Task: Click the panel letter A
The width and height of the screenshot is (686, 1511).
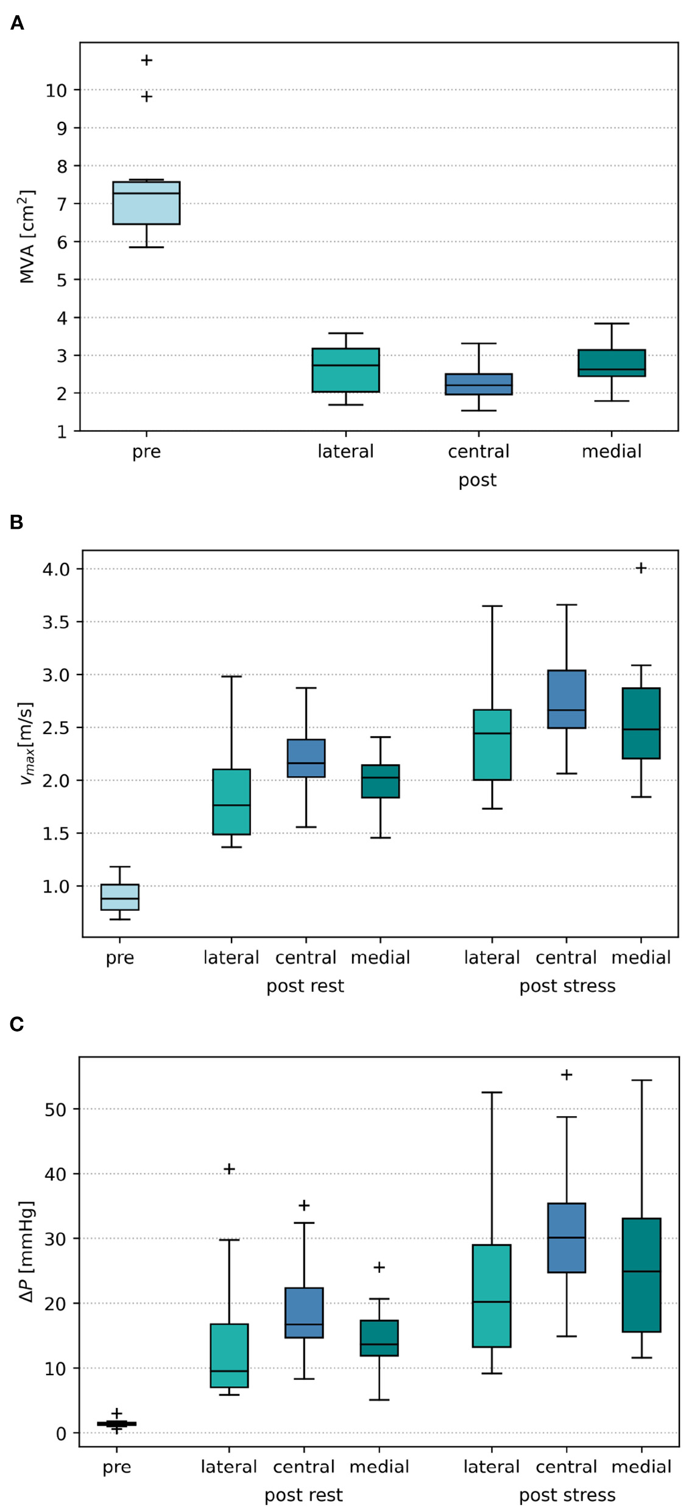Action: point(17,23)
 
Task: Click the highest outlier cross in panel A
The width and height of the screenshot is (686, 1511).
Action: point(146,60)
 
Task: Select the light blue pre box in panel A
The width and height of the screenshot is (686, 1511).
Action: point(146,202)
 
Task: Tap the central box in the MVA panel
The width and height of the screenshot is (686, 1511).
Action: point(478,384)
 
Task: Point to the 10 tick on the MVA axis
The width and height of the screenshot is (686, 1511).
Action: point(56,90)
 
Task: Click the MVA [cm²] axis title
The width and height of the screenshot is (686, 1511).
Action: point(27,236)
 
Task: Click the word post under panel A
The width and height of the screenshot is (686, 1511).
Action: point(477,480)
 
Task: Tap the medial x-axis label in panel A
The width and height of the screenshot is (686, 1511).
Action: point(611,451)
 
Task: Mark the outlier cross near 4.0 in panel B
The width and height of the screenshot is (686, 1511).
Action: point(641,568)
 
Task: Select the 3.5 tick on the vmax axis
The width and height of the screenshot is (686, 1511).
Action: point(56,622)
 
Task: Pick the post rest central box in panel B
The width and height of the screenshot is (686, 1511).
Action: point(306,758)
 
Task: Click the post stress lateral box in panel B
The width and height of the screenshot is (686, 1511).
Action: point(492,745)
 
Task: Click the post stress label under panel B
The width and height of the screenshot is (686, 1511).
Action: point(567,986)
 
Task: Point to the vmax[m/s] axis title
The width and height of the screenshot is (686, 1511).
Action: point(27,743)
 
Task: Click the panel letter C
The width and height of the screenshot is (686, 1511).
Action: point(17,1024)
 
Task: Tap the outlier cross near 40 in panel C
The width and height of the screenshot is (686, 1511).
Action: point(229,1169)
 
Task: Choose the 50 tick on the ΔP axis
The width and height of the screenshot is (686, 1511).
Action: point(56,1109)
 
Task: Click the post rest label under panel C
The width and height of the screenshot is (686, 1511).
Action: point(303,1495)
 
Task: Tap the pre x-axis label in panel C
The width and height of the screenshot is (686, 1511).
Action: point(116,1467)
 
